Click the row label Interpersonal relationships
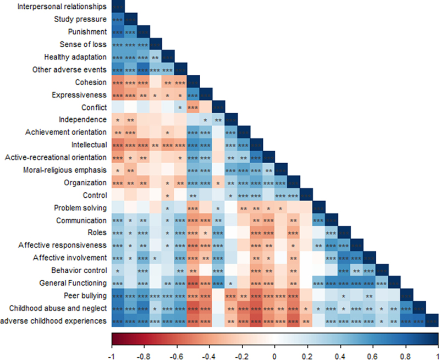(61, 7)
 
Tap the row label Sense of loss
(82, 45)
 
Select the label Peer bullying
(83, 295)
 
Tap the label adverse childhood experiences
(54, 320)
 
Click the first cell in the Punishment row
(118, 32)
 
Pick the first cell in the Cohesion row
(118, 82)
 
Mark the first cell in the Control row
(118, 195)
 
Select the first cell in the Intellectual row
(118, 145)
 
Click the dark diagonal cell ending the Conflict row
(218, 107)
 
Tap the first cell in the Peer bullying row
(118, 295)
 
